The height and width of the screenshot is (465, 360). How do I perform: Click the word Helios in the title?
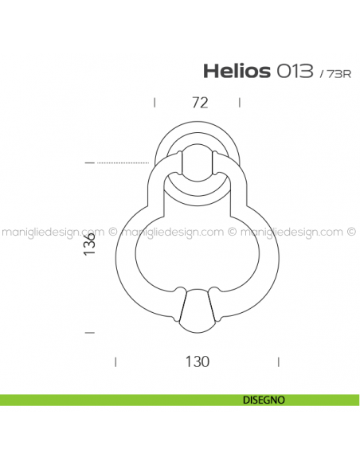(x=236, y=72)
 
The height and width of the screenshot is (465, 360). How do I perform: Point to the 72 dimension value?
(x=199, y=102)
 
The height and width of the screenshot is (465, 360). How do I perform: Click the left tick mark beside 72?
(x=154, y=102)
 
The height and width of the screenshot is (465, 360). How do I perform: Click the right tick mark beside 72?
(x=240, y=102)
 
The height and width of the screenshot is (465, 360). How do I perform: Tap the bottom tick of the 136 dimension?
(x=89, y=331)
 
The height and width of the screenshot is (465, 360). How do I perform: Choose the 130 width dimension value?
(x=198, y=361)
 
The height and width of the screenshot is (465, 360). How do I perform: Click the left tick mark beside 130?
(x=116, y=361)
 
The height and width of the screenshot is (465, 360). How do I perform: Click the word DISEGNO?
(x=260, y=401)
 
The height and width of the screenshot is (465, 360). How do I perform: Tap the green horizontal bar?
(x=119, y=401)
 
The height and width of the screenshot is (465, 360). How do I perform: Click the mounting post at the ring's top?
(x=198, y=163)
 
